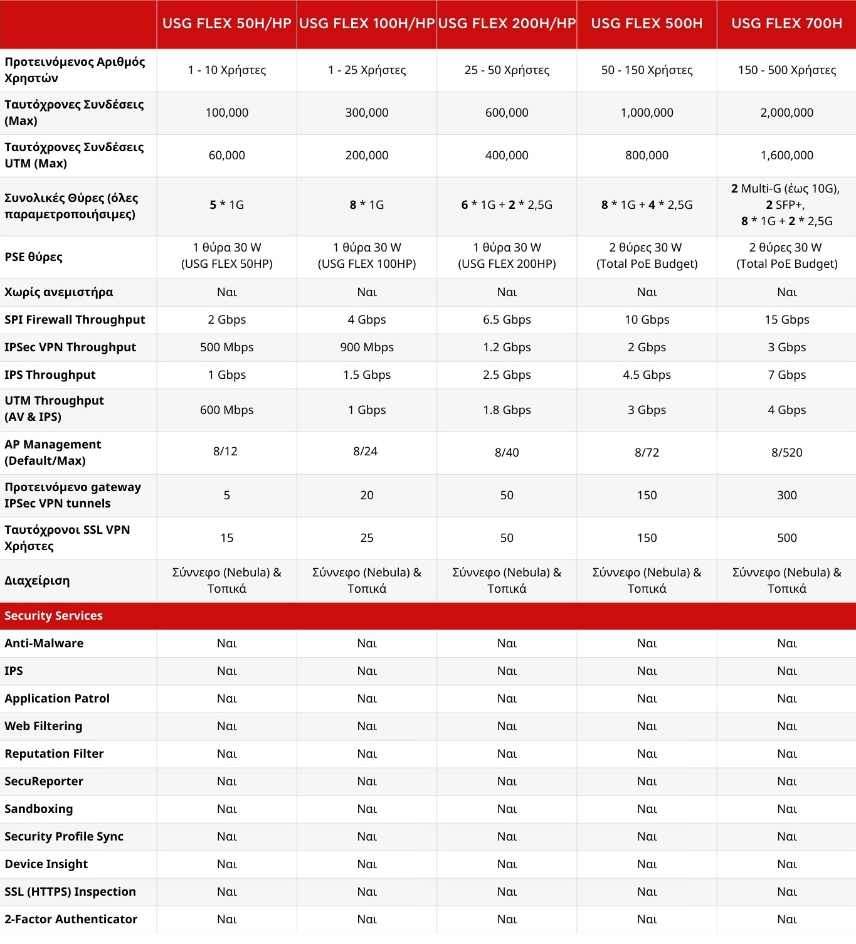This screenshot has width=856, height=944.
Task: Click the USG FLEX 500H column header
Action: tap(647, 24)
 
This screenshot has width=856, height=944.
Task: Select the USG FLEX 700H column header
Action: tap(786, 24)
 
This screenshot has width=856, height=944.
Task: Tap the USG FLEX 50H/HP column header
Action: tap(226, 24)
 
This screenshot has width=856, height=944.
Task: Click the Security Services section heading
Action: tap(53, 616)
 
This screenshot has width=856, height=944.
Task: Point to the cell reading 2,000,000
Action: tap(786, 113)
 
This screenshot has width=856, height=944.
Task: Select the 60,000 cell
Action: tap(226, 156)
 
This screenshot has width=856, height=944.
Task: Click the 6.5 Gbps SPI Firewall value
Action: tap(507, 320)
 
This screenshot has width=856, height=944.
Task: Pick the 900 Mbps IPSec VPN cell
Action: tap(367, 347)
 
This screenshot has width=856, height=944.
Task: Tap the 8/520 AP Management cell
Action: tap(786, 453)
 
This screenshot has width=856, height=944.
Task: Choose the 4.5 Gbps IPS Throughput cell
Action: tap(647, 375)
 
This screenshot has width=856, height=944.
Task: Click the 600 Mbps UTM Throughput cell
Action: tap(226, 410)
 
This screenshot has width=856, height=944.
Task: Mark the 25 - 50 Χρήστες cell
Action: tap(507, 70)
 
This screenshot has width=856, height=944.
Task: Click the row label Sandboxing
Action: tap(39, 809)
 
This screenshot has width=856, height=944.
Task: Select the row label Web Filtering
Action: tap(43, 726)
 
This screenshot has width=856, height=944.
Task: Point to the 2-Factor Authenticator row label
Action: tap(71, 920)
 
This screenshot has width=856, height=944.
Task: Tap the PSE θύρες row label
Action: tap(33, 257)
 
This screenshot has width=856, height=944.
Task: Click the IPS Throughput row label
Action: tap(50, 375)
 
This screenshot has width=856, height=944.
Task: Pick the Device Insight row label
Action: tap(46, 864)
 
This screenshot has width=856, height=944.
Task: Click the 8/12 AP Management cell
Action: tap(225, 452)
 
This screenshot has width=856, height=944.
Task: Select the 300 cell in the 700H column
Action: tap(786, 496)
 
